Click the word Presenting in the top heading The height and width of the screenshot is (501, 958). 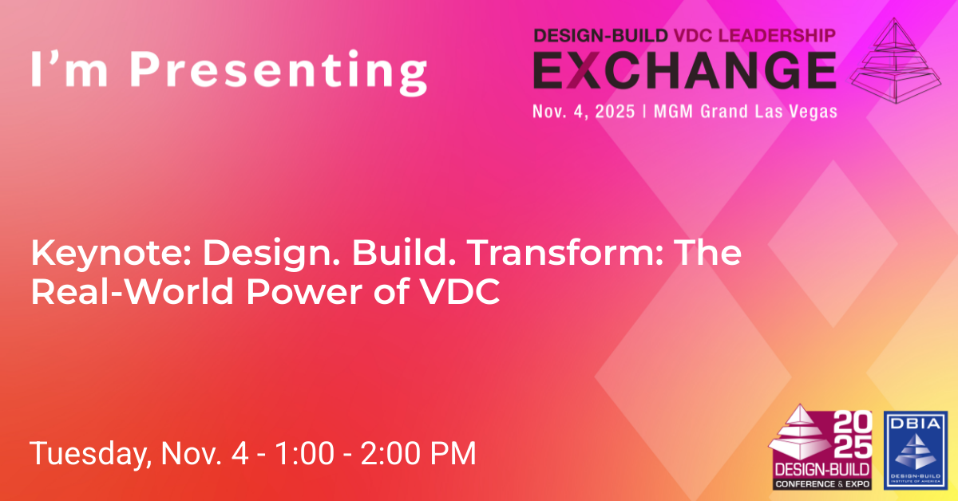click(278, 72)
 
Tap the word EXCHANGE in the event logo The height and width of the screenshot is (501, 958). click(685, 70)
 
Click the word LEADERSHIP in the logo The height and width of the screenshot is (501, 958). click(777, 35)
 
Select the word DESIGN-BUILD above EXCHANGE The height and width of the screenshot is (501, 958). click(601, 35)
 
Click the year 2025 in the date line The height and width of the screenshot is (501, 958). click(615, 112)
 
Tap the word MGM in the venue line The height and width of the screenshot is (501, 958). click(673, 112)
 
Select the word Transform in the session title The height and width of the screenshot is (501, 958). click(565, 253)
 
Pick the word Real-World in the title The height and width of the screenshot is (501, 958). click(133, 291)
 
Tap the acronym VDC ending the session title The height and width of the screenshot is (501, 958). click(460, 291)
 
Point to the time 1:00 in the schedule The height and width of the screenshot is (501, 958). click(304, 453)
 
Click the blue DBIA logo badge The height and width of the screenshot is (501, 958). click(916, 451)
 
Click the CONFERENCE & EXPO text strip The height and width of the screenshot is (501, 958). click(822, 484)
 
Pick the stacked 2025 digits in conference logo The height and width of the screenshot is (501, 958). click(853, 435)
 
